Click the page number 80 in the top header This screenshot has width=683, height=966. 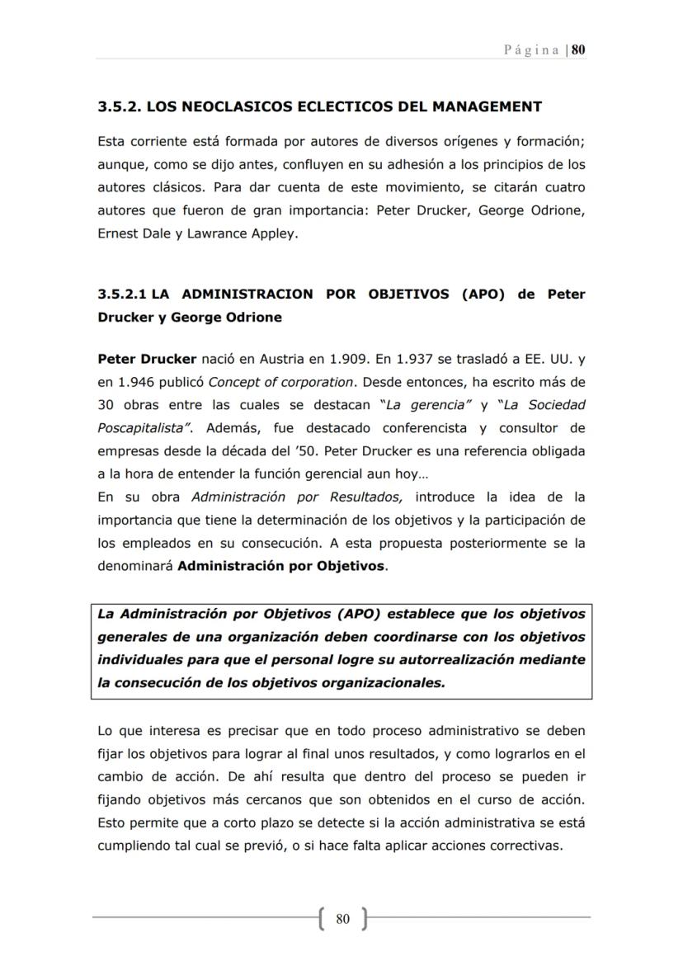pyautogui.click(x=578, y=49)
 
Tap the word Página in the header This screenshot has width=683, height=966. pyautogui.click(x=533, y=49)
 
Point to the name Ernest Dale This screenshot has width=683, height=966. pyautogui.click(x=130, y=233)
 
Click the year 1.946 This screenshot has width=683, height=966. pyautogui.click(x=139, y=382)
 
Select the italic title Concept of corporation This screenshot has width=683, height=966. pyautogui.click(x=281, y=382)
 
